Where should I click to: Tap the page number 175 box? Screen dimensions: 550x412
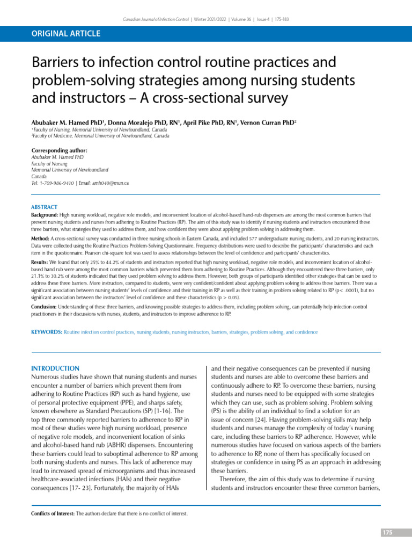387,532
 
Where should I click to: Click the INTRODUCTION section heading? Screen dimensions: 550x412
55,368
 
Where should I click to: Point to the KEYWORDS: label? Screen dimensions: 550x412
47,332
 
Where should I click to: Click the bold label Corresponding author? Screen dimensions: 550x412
59,150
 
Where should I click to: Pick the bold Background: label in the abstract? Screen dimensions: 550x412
48,214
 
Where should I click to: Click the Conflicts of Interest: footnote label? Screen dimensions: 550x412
54,513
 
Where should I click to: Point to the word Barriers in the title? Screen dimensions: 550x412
57,63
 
